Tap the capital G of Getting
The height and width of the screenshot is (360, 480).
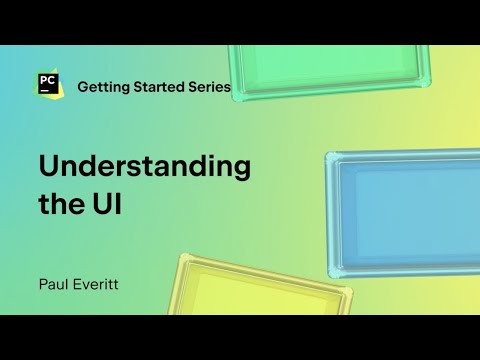[x=84, y=87]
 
